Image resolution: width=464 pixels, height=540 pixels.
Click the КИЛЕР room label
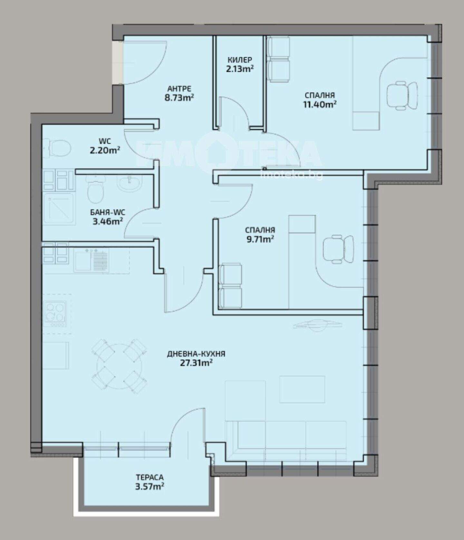click(x=240, y=60)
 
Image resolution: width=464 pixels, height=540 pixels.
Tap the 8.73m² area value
click(x=179, y=97)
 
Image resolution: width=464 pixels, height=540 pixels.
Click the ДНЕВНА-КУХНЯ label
click(x=196, y=354)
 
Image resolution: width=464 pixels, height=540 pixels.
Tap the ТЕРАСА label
click(x=150, y=477)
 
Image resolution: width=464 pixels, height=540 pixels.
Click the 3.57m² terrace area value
click(x=150, y=486)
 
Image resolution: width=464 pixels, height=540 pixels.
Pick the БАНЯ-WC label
click(x=108, y=212)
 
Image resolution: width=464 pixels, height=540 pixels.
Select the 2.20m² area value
click(x=105, y=150)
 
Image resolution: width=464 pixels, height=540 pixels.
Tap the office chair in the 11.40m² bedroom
click(x=401, y=95)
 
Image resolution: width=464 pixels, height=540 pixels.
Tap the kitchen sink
click(x=92, y=260)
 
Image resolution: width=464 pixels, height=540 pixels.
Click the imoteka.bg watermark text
click(x=291, y=175)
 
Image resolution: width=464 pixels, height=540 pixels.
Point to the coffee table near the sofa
click(x=302, y=389)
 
